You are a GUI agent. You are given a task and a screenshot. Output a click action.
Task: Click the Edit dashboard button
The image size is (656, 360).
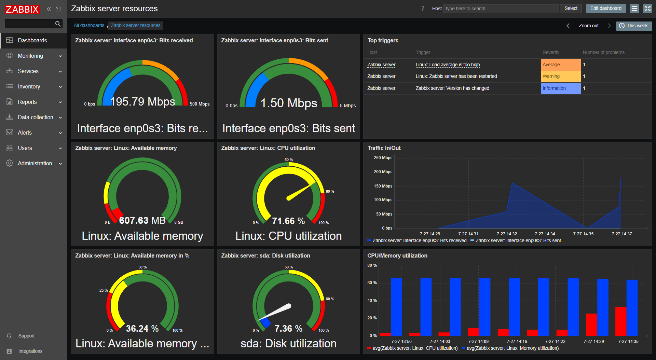click(605, 9)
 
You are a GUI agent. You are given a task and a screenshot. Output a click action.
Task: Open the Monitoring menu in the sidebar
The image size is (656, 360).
click(30, 56)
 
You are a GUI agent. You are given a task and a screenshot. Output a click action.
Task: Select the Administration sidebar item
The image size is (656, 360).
click(35, 163)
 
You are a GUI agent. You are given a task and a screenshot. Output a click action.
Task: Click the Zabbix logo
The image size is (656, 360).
click(22, 9)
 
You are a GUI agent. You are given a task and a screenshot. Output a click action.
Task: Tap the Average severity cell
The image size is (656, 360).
click(560, 65)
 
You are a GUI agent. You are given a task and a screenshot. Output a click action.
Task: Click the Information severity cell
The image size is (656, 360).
click(560, 88)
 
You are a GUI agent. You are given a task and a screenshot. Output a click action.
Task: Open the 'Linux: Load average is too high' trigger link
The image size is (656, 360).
click(448, 65)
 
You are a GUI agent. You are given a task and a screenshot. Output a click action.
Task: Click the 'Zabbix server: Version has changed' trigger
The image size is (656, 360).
click(452, 88)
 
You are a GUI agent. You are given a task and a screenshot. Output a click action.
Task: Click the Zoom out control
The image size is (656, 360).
click(588, 26)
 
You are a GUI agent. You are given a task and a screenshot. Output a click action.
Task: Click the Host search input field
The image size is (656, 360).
click(501, 9)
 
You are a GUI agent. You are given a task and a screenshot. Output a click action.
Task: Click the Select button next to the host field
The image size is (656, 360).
click(571, 9)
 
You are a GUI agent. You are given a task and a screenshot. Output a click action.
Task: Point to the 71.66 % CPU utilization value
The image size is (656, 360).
click(288, 221)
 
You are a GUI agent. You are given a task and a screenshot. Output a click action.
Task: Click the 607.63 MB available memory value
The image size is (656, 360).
click(142, 220)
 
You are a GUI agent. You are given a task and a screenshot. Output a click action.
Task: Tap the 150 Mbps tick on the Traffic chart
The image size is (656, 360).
click(383, 186)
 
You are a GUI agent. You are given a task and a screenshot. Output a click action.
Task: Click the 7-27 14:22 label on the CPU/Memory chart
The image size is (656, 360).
click(555, 341)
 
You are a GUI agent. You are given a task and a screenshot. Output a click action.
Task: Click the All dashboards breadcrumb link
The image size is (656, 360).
click(89, 25)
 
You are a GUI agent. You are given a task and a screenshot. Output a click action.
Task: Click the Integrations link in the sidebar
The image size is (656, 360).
click(30, 351)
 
